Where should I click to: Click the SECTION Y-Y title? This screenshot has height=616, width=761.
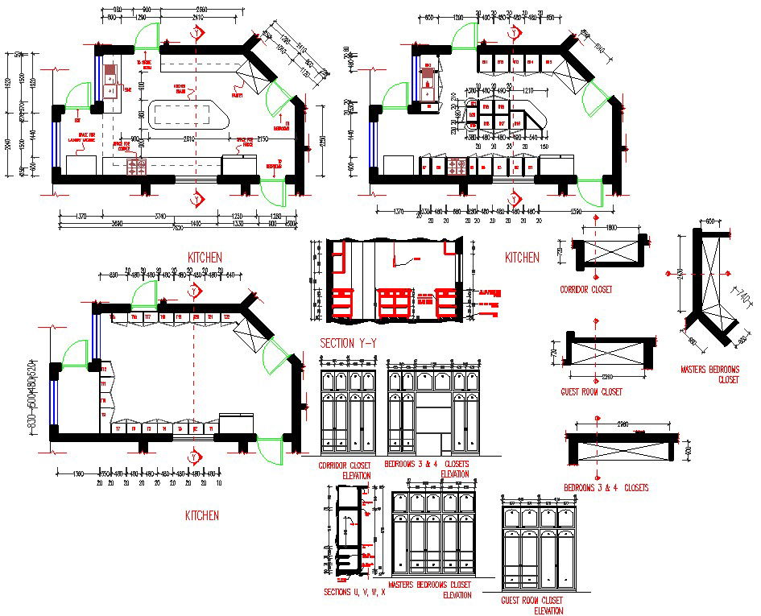click(x=349, y=344)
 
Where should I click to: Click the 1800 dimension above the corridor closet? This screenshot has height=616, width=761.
click(x=611, y=228)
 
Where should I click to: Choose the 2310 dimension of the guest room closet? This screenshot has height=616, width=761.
click(x=606, y=377)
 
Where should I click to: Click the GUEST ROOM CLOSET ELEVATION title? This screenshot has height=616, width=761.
click(x=531, y=605)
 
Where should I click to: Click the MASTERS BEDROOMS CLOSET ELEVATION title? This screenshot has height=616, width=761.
click(x=430, y=589)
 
